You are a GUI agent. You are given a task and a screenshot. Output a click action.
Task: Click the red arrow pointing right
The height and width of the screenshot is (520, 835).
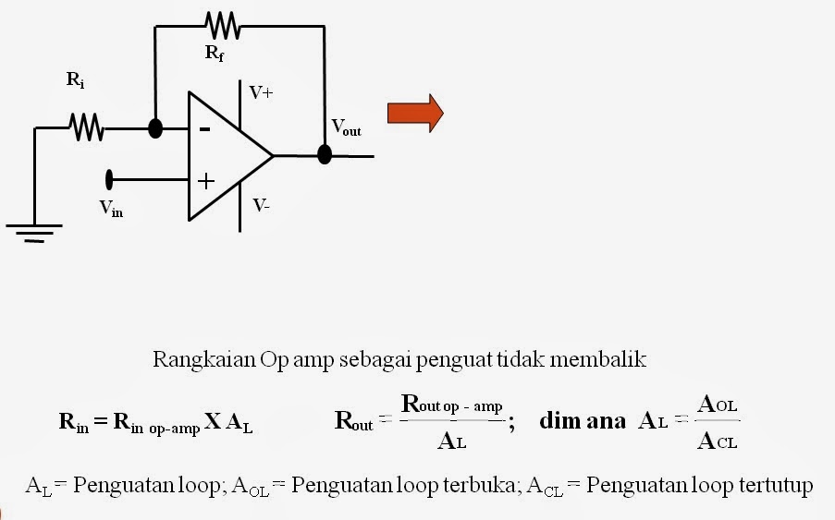pyautogui.click(x=415, y=114)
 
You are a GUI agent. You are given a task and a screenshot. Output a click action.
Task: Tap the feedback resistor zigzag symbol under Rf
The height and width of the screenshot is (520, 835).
pyautogui.click(x=223, y=26)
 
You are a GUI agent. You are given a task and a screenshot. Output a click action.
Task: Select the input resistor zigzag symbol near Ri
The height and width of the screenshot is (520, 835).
pyautogui.click(x=86, y=127)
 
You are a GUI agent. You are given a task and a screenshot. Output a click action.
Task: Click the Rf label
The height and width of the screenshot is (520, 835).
pyautogui.click(x=214, y=54)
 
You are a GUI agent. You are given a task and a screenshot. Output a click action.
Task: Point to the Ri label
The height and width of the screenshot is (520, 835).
pyautogui.click(x=76, y=79)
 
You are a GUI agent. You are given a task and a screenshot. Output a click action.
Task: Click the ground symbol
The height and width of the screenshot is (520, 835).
pyautogui.click(x=33, y=231)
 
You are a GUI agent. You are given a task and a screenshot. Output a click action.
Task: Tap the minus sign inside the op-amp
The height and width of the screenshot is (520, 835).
pyautogui.click(x=204, y=129)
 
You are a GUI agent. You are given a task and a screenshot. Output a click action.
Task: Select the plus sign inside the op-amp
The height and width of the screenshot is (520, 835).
pyautogui.click(x=205, y=180)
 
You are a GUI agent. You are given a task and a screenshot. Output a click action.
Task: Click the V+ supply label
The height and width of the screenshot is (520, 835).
pyautogui.click(x=261, y=92)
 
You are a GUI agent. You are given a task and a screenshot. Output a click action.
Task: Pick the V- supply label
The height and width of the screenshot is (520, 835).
pyautogui.click(x=262, y=205)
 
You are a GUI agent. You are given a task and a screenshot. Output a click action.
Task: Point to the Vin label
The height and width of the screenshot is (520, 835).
pyautogui.click(x=111, y=209)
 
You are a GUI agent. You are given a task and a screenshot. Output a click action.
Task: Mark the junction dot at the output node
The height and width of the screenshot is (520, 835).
pyautogui.click(x=325, y=154)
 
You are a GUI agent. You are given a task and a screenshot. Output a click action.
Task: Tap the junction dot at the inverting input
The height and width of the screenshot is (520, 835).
pyautogui.click(x=155, y=128)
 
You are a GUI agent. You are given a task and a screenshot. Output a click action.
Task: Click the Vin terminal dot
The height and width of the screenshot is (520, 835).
pyautogui.click(x=110, y=178)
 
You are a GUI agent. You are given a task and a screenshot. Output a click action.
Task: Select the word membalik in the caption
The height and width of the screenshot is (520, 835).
pyautogui.click(x=598, y=360)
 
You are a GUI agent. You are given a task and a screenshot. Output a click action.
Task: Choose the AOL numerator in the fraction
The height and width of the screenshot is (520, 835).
pyautogui.click(x=718, y=405)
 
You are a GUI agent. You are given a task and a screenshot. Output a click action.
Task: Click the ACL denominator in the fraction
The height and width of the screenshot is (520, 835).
pyautogui.click(x=718, y=441)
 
